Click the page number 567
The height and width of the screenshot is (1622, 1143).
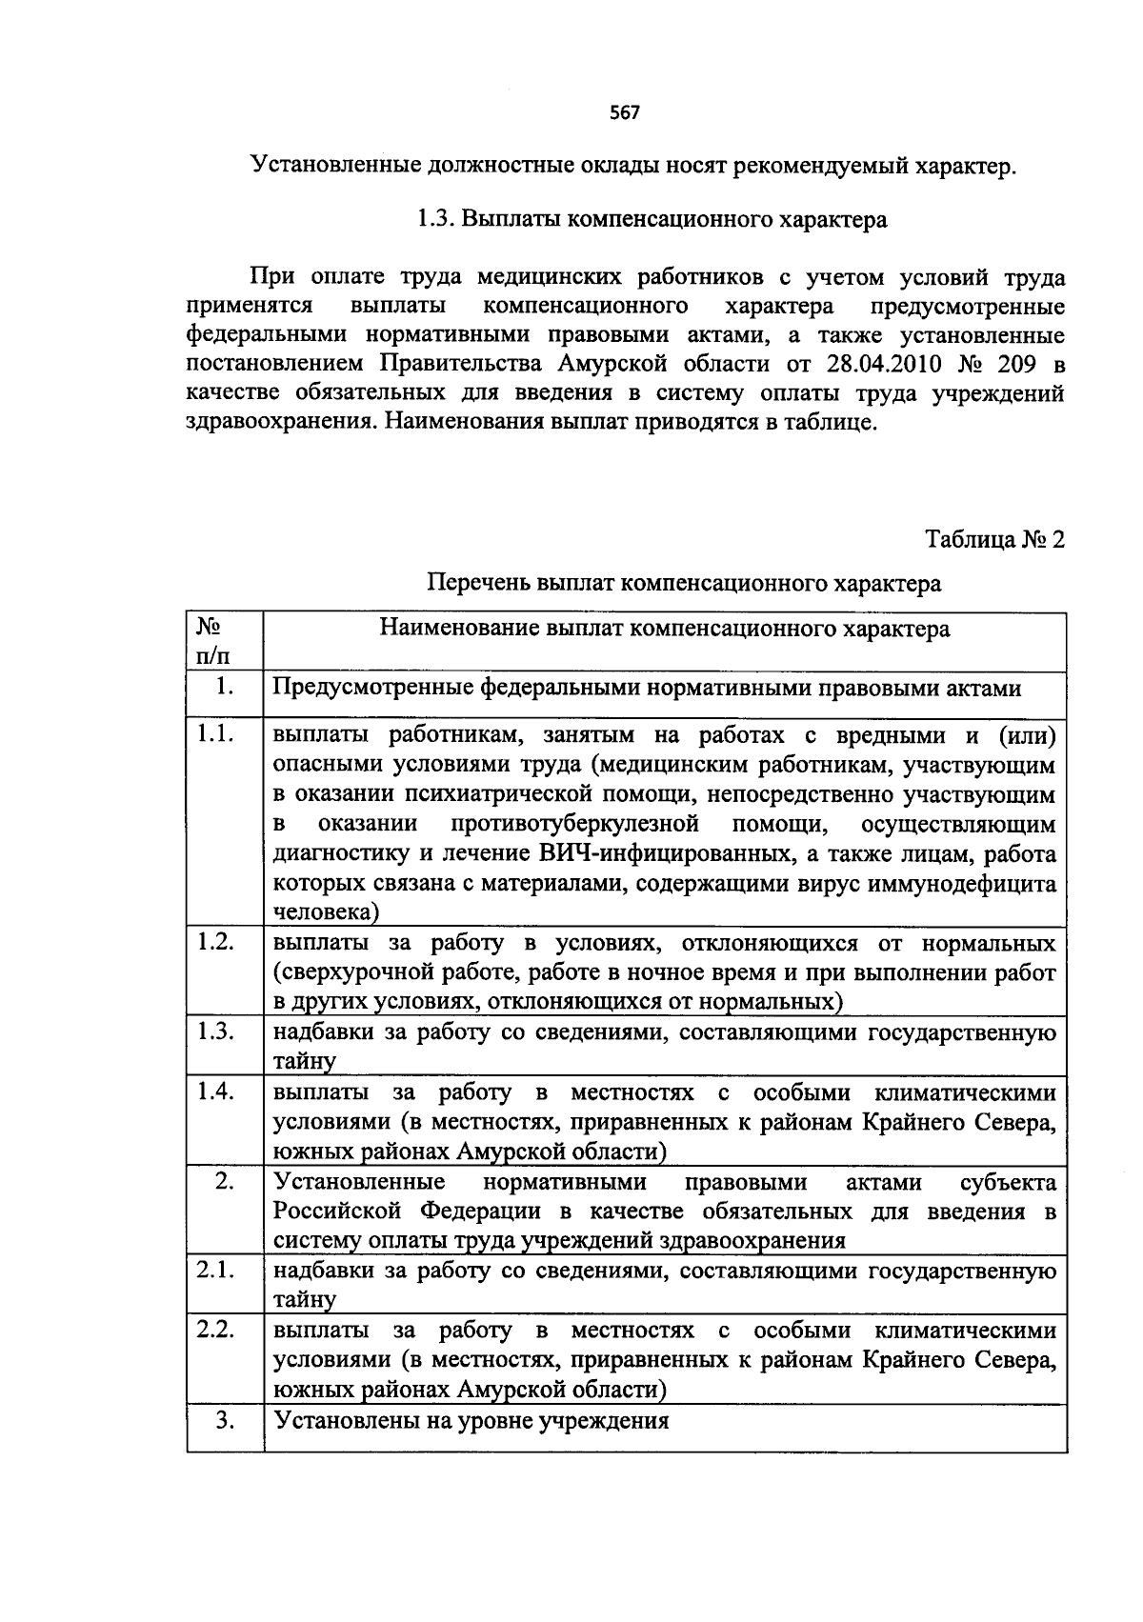pos(625,113)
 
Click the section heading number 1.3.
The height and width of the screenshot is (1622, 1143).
pos(435,220)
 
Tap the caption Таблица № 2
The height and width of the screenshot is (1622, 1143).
pos(995,540)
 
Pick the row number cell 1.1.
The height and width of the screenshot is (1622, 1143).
pos(216,734)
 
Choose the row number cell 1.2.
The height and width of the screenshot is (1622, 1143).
pos(216,942)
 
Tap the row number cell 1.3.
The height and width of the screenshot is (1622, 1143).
pos(216,1031)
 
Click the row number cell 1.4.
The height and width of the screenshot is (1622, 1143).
pos(216,1091)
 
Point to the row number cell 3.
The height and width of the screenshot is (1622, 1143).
pos(225,1420)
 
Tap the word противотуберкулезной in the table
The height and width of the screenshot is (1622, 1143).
pos(576,824)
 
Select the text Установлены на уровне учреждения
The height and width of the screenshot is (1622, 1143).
pos(471,1421)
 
